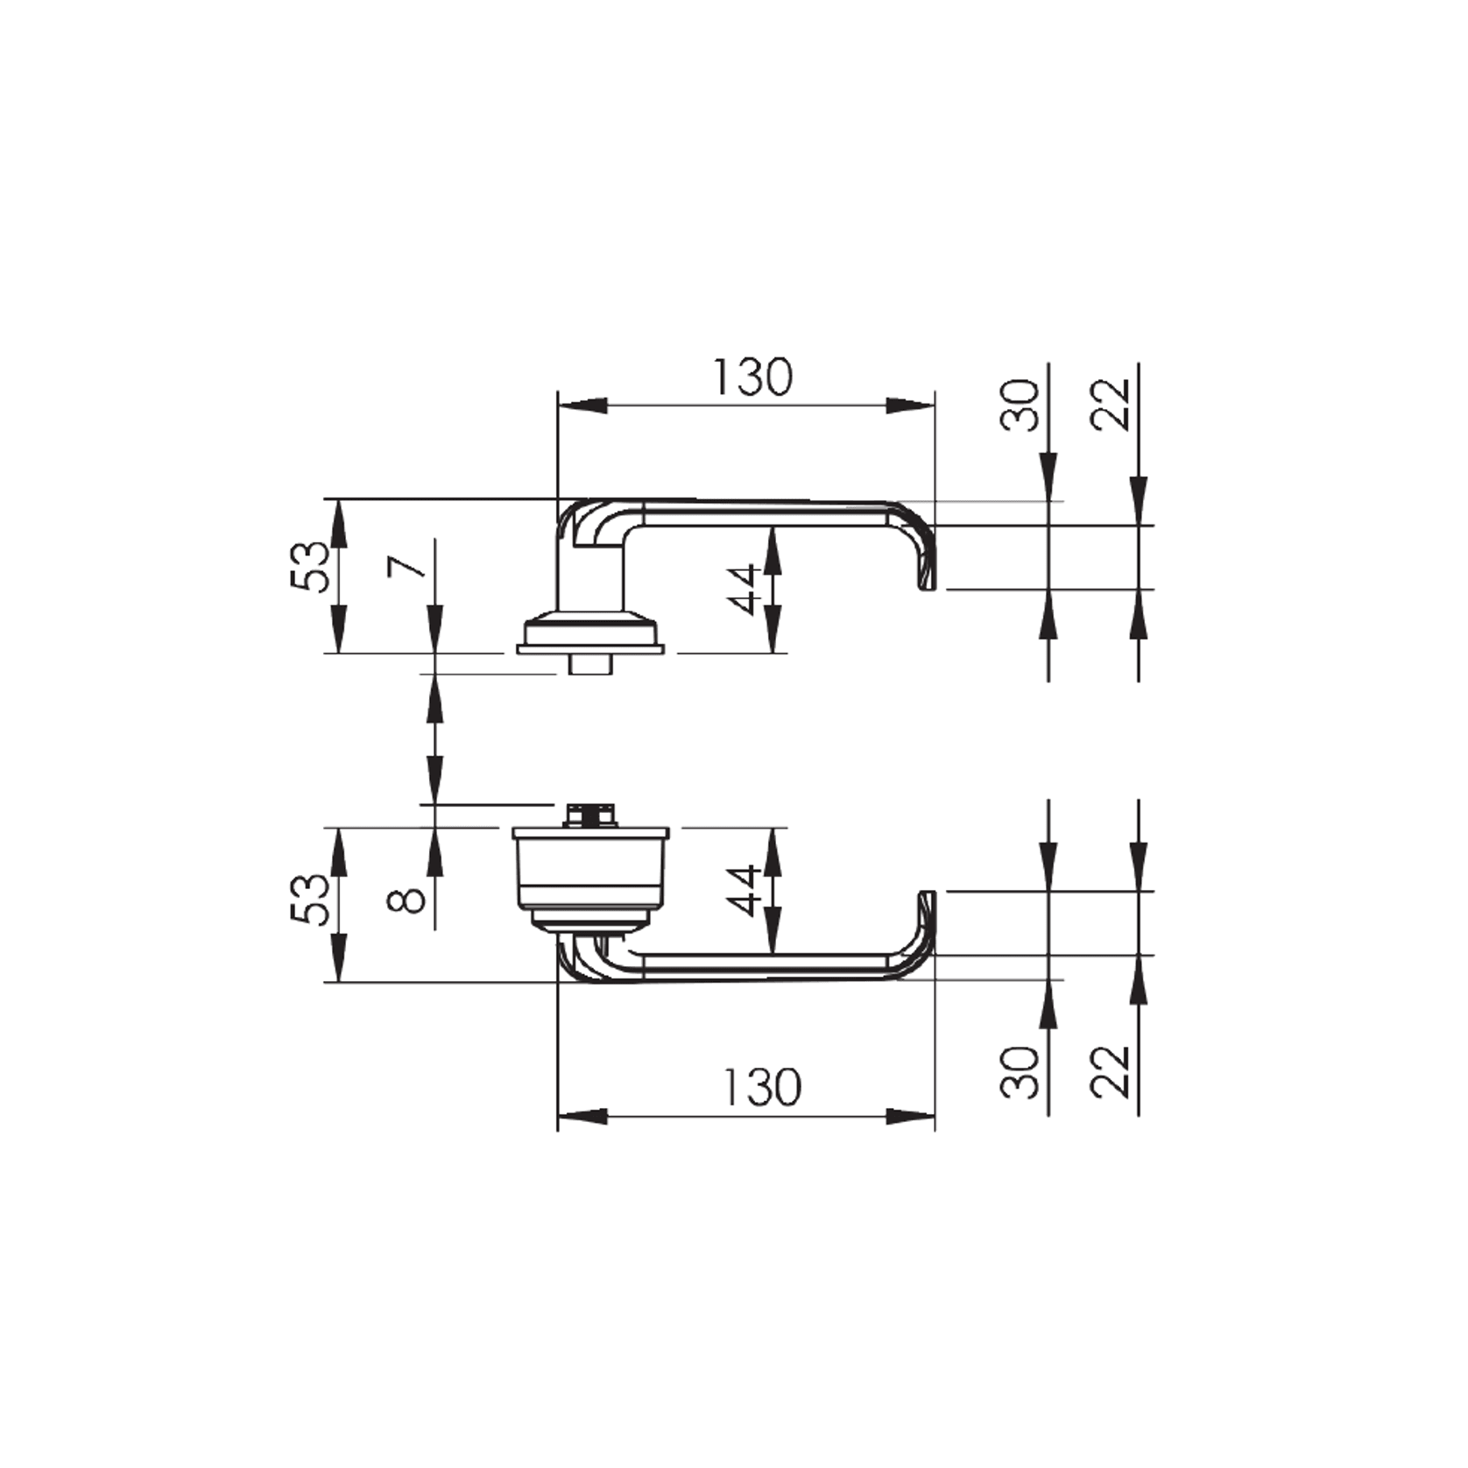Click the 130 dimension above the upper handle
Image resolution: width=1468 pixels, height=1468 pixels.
pyautogui.click(x=752, y=378)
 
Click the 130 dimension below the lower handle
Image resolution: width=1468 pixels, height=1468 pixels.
pyautogui.click(x=761, y=1088)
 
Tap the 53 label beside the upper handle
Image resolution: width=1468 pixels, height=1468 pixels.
pyautogui.click(x=311, y=567)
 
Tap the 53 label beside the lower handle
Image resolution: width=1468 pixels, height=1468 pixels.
pyautogui.click(x=311, y=900)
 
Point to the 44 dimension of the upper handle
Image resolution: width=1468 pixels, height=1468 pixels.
pyautogui.click(x=744, y=589)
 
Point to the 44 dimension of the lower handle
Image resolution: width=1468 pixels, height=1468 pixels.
pyautogui.click(x=744, y=890)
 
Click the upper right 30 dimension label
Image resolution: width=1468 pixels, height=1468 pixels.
pyautogui.click(x=1020, y=405)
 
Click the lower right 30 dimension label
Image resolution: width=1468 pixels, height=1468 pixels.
pyautogui.click(x=1020, y=1072)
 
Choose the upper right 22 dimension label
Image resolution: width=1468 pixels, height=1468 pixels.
pyautogui.click(x=1110, y=405)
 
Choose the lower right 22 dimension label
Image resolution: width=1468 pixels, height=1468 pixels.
pyautogui.click(x=1110, y=1072)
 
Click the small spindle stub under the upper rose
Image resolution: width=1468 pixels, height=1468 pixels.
pyautogui.click(x=589, y=665)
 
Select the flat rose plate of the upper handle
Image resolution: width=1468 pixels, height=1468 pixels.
pyautogui.click(x=590, y=649)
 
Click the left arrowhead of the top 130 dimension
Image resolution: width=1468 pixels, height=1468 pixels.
pyautogui.click(x=582, y=406)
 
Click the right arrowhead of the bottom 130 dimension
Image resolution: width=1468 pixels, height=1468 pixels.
pyautogui.click(x=911, y=1117)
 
